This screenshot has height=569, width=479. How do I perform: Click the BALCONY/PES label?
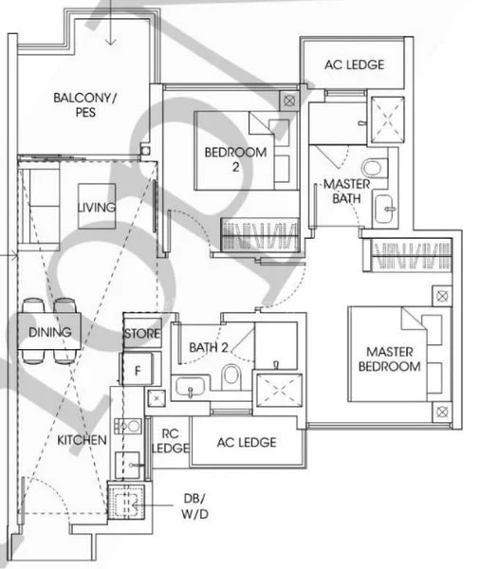[x=85, y=105]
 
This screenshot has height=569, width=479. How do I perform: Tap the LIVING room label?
[x=97, y=207]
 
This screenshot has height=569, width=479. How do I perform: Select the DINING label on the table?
[x=49, y=332]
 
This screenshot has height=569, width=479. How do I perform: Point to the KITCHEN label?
[x=82, y=440]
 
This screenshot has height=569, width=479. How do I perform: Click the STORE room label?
[x=142, y=334]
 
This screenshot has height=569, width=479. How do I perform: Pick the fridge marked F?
[x=138, y=370]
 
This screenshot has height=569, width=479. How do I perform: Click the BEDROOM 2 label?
[x=235, y=159]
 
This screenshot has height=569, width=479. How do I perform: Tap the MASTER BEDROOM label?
[x=390, y=358]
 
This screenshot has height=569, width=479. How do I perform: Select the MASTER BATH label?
[x=346, y=191]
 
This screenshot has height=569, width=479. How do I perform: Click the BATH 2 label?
[x=209, y=347]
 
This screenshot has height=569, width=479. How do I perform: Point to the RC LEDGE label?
[x=170, y=441]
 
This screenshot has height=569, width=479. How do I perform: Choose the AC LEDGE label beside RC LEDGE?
[x=247, y=442]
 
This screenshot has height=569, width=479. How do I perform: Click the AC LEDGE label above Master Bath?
[x=354, y=64]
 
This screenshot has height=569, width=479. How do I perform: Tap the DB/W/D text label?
[x=194, y=505]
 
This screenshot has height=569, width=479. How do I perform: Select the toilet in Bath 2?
[x=231, y=376]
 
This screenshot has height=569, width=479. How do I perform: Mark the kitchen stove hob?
[x=128, y=426]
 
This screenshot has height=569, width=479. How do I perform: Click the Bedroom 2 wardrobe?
[x=260, y=235]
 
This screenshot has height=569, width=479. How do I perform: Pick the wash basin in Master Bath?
[x=384, y=209]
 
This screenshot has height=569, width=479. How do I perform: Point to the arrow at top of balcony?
[x=111, y=23]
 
